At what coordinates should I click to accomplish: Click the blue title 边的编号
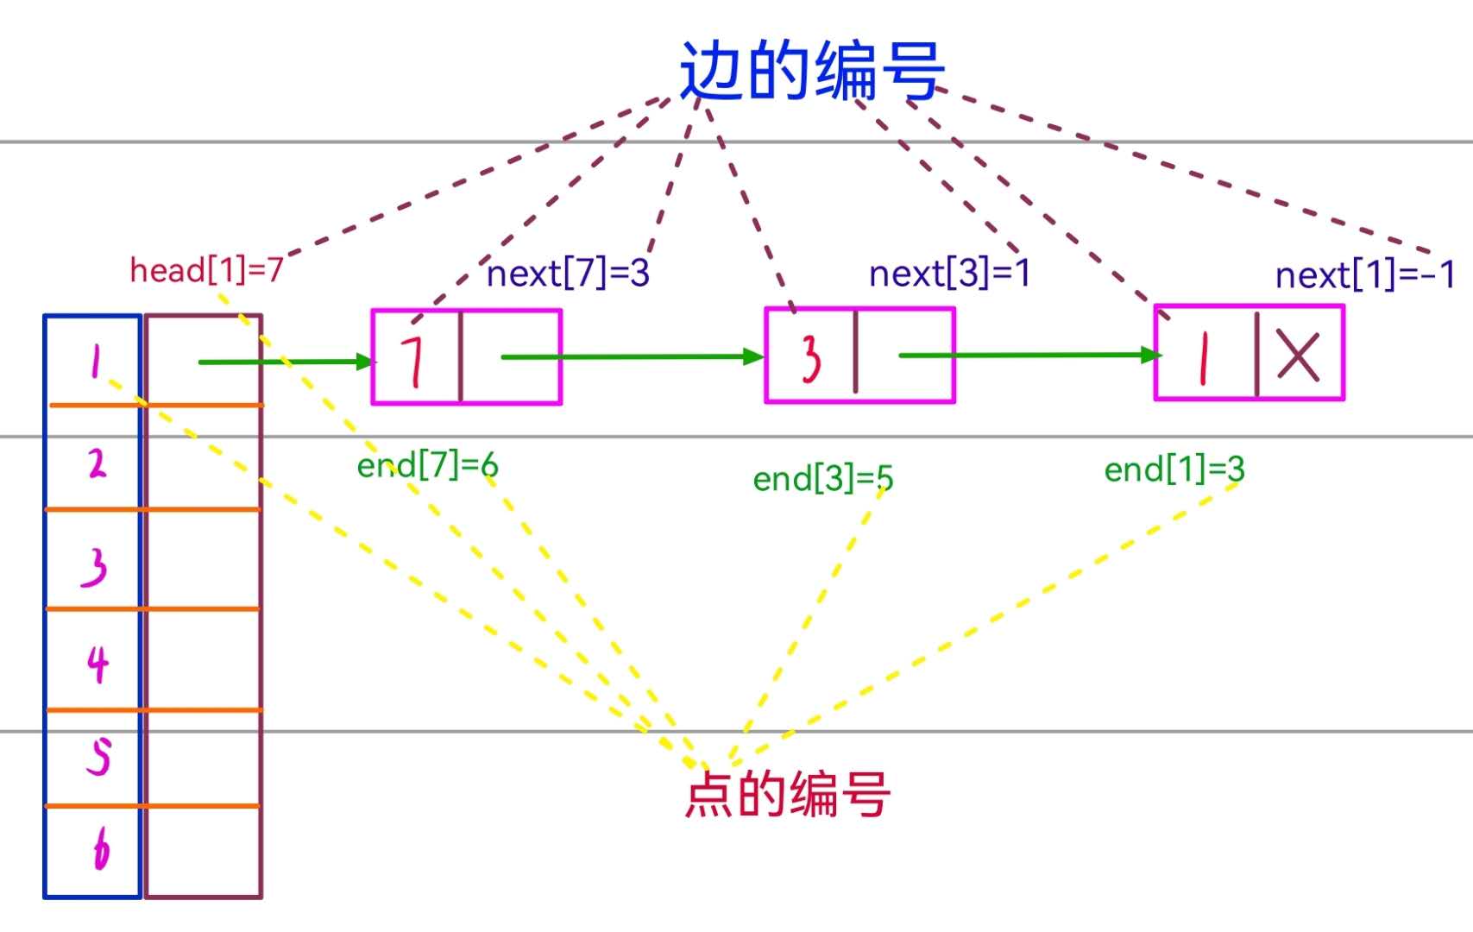[x=811, y=71]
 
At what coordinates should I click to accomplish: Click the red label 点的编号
[x=787, y=794]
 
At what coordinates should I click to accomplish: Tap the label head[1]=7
[x=206, y=270]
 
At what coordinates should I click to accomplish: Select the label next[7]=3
[x=568, y=274]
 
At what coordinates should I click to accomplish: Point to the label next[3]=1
[x=949, y=274]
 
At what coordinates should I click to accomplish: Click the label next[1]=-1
[x=1365, y=275]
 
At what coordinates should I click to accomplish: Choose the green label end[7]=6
[x=427, y=466]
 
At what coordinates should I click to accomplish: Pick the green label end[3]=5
[x=822, y=478]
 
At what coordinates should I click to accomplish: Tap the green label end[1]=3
[x=1174, y=469]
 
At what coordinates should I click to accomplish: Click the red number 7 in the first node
[x=414, y=359]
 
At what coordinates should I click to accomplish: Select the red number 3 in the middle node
[x=811, y=358]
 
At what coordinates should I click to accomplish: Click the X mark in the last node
[x=1298, y=356]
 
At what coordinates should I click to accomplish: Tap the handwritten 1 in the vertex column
[x=96, y=361]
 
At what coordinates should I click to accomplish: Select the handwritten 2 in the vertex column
[x=98, y=463]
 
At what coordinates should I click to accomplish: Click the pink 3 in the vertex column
[x=95, y=566]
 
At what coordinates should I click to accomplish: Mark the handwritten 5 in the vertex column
[x=99, y=757]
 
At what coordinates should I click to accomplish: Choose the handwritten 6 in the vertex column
[x=101, y=849]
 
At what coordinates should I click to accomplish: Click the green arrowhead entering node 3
[x=753, y=356]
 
